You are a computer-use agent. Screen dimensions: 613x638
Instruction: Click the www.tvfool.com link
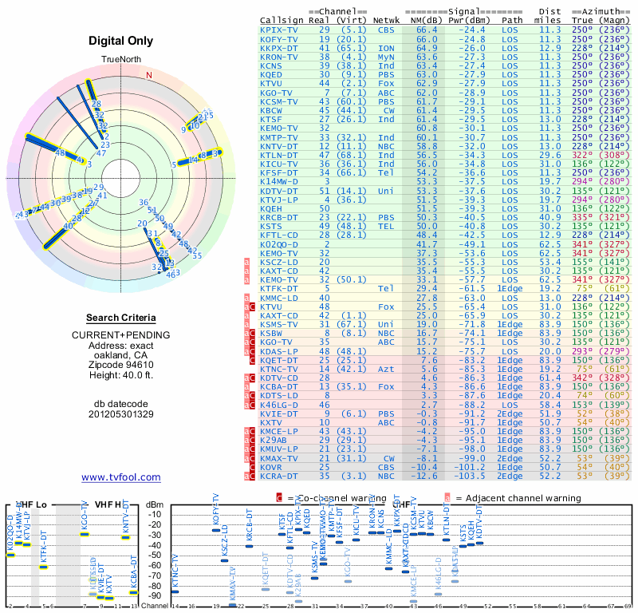(x=120, y=477)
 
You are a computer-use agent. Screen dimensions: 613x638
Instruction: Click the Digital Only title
(x=120, y=41)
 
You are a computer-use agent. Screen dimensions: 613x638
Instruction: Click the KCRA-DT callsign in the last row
(x=279, y=476)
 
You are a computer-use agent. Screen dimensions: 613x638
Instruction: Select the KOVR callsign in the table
(x=273, y=467)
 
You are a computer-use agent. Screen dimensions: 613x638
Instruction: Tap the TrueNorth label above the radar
(x=120, y=60)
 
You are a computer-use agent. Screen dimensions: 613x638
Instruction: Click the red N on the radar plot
(x=148, y=75)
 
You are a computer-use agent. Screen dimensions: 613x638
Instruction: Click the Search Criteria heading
(x=120, y=318)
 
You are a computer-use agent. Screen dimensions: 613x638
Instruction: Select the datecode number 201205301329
(x=120, y=414)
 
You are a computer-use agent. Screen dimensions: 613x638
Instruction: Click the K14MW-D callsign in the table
(x=279, y=182)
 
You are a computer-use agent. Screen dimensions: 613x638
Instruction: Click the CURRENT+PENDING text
(x=120, y=334)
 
